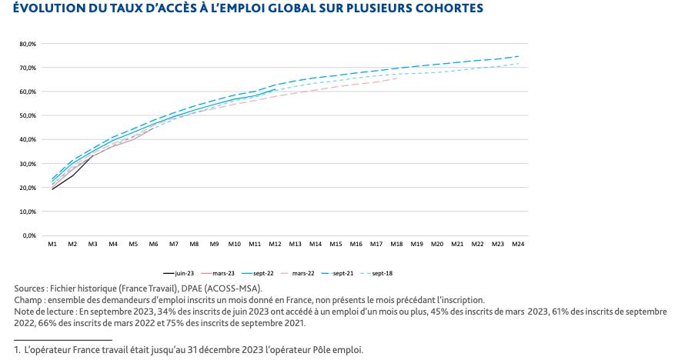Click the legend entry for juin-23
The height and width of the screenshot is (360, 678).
click(179, 273)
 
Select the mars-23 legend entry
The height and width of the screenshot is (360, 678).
click(218, 273)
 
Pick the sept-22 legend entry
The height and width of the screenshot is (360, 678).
click(258, 273)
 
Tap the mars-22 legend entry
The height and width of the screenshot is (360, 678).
click(298, 273)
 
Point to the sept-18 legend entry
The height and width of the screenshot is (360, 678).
click(376, 273)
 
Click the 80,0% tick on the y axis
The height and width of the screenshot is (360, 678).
click(28, 44)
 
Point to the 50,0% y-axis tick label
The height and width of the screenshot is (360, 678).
click(28, 116)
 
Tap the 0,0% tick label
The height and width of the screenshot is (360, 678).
click(29, 236)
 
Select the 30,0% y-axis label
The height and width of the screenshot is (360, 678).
click(28, 164)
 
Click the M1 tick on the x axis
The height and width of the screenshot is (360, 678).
click(52, 244)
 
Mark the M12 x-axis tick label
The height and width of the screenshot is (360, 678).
click(275, 244)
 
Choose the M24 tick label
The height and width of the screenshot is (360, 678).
click(518, 244)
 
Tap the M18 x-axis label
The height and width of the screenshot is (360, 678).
click(396, 244)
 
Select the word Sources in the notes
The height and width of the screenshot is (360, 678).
click(28, 288)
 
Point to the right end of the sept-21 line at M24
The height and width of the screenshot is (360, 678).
click(518, 56)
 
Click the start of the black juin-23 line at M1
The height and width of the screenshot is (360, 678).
click(52, 189)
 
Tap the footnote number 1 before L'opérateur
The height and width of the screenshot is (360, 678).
click(16, 350)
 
